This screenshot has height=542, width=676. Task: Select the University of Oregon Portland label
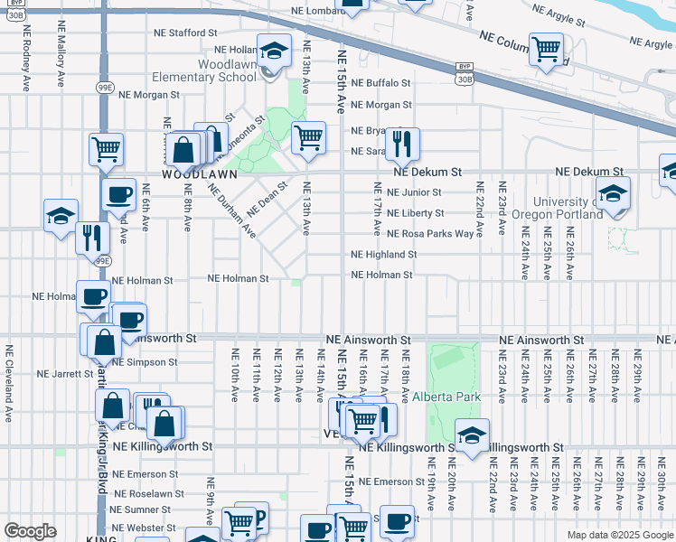tap(567, 208)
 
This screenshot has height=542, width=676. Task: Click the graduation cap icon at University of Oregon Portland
tap(613, 193)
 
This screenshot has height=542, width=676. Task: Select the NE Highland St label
tap(382, 255)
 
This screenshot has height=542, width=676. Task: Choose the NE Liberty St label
tap(415, 213)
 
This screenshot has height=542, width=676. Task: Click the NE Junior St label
tap(413, 192)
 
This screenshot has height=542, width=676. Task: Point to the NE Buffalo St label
tap(380, 82)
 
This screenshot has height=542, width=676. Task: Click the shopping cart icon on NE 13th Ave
tap(309, 138)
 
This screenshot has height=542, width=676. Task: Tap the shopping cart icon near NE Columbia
tap(546, 49)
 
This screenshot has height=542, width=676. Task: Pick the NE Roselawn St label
tap(148, 494)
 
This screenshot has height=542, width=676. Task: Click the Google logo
tap(31, 531)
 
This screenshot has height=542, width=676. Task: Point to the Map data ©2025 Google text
tap(620, 535)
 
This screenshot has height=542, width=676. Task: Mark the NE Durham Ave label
tap(230, 212)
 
